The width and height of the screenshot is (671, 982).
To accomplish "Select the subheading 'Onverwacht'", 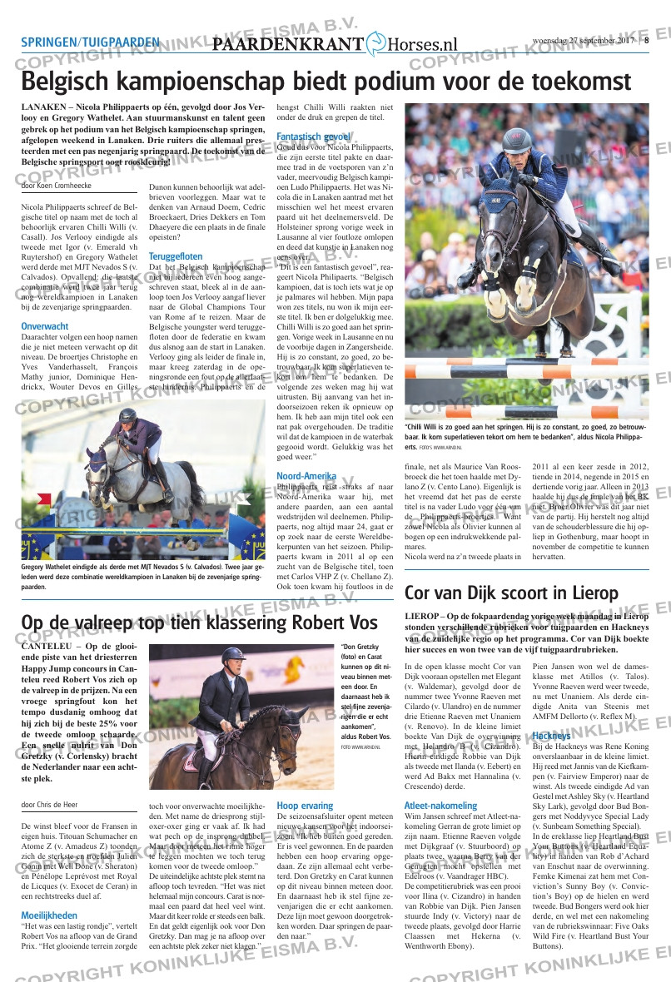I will (x=45, y=326).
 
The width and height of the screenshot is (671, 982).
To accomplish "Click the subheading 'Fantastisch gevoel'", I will (x=313, y=136).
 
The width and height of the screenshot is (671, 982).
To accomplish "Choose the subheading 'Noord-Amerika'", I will (x=306, y=476).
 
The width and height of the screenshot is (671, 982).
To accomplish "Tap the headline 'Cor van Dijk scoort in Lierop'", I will (x=511, y=593).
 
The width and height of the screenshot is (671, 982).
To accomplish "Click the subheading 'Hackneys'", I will (x=551, y=736).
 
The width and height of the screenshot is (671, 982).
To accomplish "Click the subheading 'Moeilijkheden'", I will (x=49, y=891).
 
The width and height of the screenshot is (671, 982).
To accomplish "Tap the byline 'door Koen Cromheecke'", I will (x=57, y=186).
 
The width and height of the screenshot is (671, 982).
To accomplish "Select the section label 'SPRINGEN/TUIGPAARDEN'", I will (x=90, y=42).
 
